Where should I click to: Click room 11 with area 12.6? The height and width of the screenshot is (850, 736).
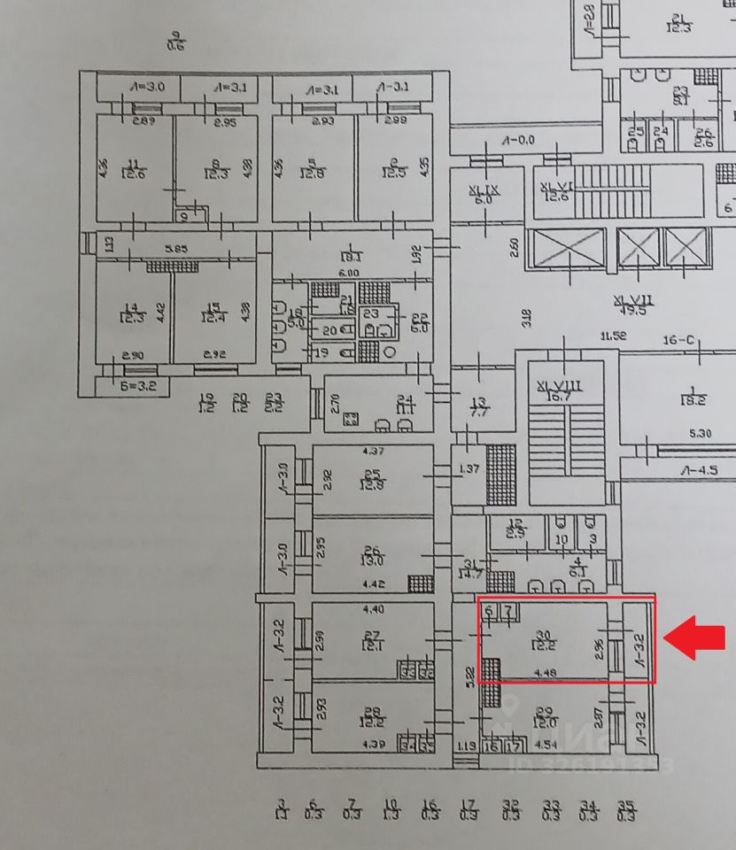tap(135, 168)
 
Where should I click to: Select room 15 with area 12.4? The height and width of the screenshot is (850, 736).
tap(213, 313)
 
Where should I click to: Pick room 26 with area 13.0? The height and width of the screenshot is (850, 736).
tap(372, 555)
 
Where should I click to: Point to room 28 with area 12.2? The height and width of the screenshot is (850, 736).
tap(372, 717)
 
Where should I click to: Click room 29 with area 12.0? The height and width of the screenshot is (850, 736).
tap(546, 717)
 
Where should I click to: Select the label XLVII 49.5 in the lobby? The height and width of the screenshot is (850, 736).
tap(631, 305)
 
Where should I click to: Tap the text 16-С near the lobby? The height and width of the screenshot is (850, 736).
tap(678, 340)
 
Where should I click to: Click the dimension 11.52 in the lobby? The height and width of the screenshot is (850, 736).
tap(613, 336)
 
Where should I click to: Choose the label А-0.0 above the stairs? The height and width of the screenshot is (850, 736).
tap(519, 140)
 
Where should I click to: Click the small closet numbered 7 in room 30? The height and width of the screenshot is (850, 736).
tap(510, 611)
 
